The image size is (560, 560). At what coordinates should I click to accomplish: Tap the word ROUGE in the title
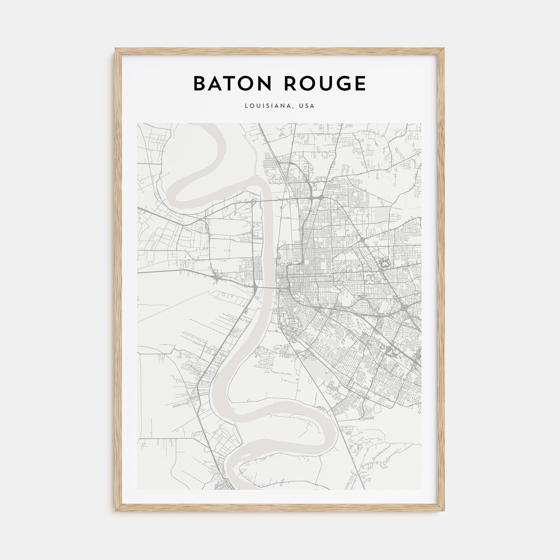click(325, 84)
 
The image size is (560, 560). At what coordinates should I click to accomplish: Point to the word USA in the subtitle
click(307, 106)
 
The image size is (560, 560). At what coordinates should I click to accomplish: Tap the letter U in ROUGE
click(323, 84)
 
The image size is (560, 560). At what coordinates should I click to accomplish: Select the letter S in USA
click(307, 106)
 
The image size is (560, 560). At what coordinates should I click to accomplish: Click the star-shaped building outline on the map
click(385, 265)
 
